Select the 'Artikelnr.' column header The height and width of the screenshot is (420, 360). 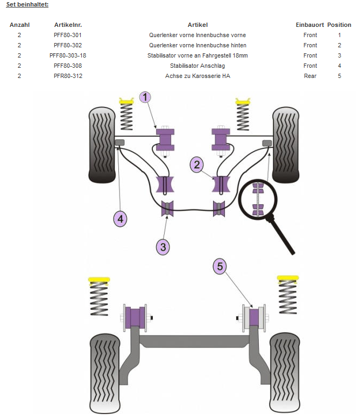68,25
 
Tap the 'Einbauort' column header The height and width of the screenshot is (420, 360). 310,25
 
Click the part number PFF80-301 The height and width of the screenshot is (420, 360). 68,35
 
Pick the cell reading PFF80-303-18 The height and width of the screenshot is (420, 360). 68,55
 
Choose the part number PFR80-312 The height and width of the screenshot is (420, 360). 68,76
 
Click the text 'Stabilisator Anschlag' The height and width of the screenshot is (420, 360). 197,66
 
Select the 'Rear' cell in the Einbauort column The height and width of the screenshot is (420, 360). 310,76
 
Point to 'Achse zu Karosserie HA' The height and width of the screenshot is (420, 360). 197,76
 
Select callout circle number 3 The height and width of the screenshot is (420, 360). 164,247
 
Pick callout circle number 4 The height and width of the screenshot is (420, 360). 121,219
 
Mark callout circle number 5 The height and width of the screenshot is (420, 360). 220,266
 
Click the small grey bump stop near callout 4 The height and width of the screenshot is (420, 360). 119,142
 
